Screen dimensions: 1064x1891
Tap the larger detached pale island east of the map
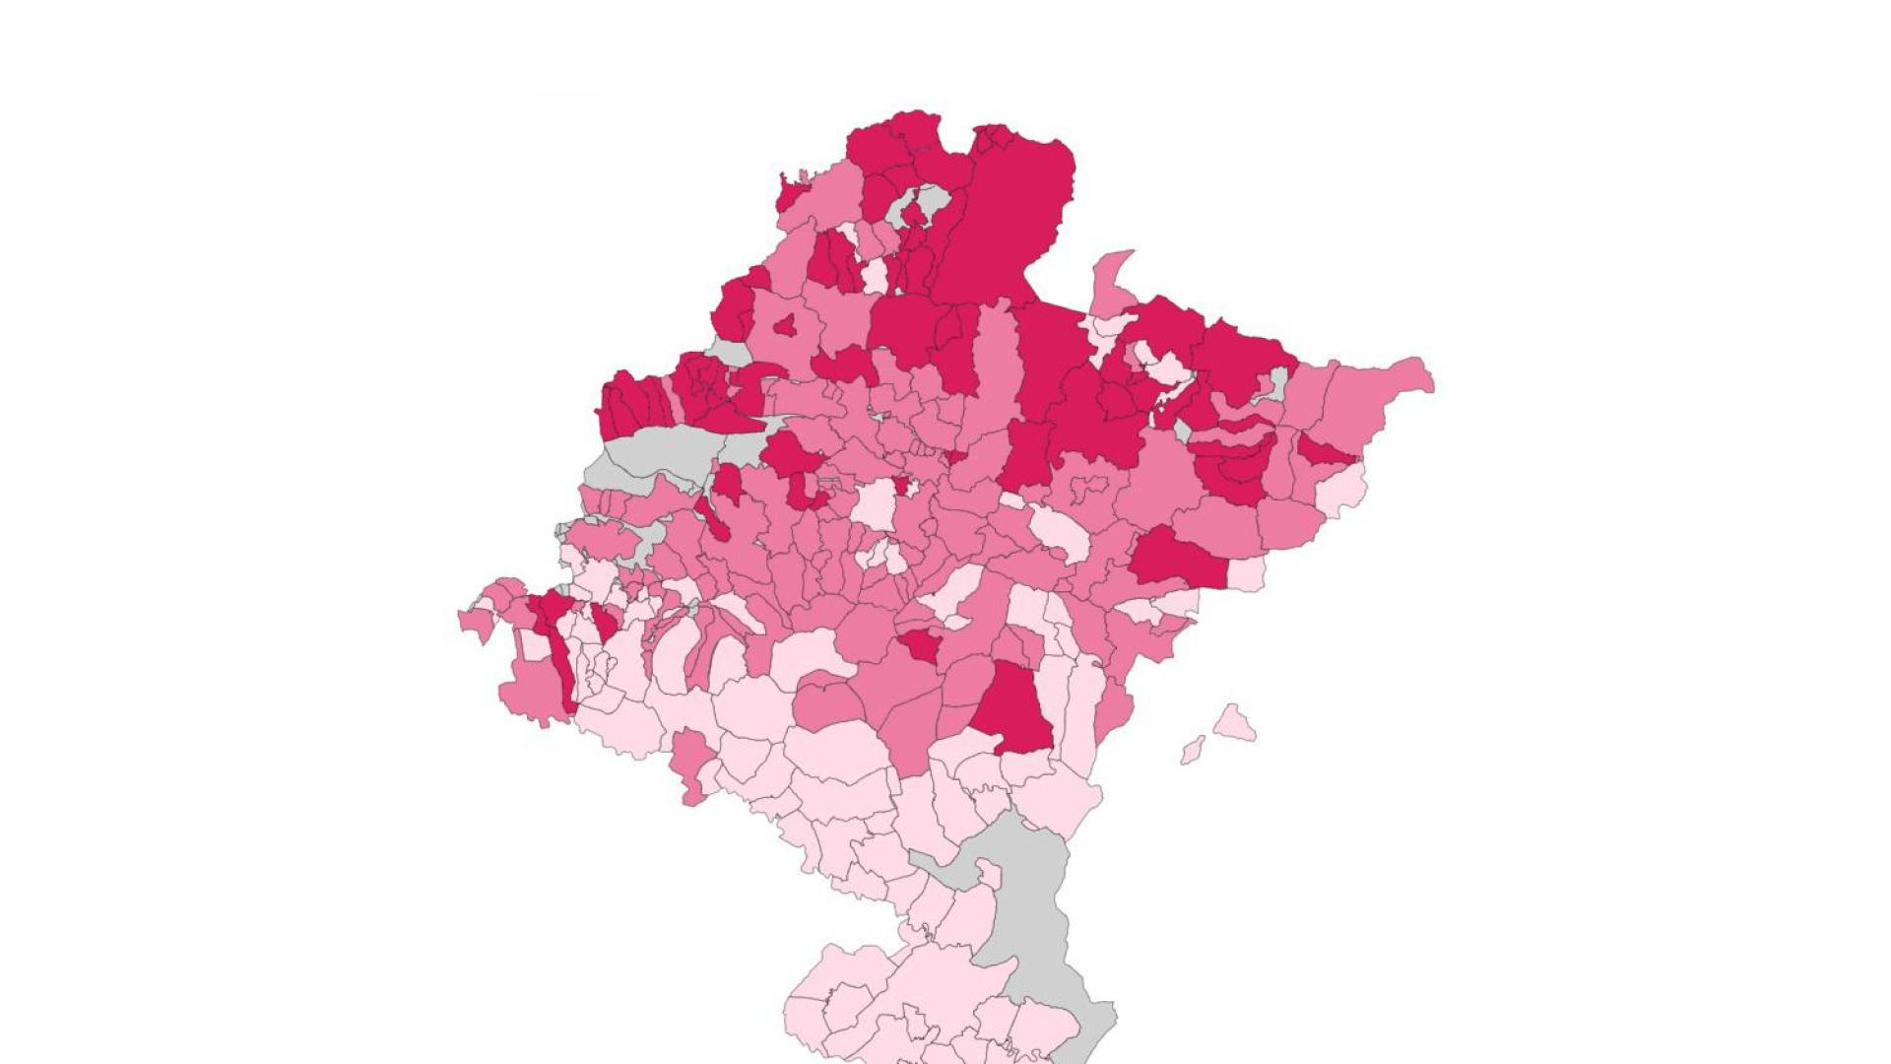click(1233, 724)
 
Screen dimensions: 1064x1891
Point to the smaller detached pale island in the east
click(1193, 750)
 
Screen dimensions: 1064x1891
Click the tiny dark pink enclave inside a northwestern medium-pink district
click(785, 325)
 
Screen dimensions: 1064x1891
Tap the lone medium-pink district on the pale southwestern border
click(692, 764)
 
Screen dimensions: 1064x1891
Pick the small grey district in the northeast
click(1278, 384)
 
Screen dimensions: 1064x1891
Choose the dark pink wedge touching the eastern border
click(1325, 453)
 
